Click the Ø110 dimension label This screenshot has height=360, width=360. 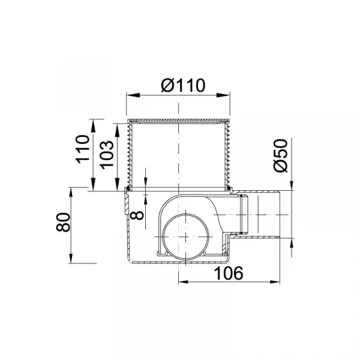tap(183, 85)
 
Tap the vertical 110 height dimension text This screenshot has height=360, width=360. tap(83, 149)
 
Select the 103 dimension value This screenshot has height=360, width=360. tap(107, 155)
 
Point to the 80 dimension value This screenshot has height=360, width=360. tap(63, 222)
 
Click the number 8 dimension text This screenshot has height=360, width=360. tap(137, 216)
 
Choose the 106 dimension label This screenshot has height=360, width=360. tap(228, 273)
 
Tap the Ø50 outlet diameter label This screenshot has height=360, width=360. tap(281, 155)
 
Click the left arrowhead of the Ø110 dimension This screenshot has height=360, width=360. tap(133, 95)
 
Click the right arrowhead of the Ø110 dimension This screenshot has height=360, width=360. tap(223, 95)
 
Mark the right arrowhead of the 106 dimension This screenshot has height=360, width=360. tap(275, 282)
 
